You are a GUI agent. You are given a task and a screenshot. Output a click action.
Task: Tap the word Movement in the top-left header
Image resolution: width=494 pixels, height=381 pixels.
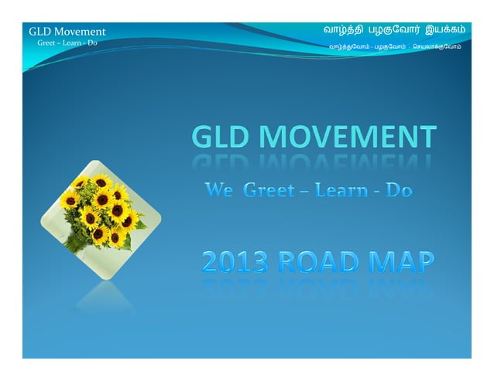click(x=79, y=32)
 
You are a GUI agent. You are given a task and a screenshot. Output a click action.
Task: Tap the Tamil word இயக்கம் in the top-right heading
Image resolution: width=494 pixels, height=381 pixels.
click(x=444, y=29)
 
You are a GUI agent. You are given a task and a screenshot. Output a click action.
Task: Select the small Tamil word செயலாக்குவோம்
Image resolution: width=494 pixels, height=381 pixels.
click(x=437, y=46)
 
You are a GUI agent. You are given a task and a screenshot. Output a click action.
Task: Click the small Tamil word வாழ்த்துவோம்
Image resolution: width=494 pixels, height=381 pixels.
click(x=348, y=46)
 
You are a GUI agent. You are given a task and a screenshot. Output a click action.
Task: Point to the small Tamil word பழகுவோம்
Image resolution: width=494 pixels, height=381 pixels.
click(x=390, y=46)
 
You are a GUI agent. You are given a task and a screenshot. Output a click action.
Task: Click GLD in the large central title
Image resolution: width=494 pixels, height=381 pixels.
click(x=221, y=137)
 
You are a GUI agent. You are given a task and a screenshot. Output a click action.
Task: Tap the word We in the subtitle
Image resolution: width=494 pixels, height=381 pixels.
click(x=219, y=189)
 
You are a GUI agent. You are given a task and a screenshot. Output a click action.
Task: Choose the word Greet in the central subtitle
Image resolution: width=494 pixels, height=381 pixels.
click(x=268, y=189)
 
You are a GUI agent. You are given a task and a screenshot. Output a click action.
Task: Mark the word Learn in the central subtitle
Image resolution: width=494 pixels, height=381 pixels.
click(x=341, y=189)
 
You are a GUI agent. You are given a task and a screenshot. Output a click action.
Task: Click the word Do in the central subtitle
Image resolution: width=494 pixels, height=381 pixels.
click(x=399, y=189)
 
